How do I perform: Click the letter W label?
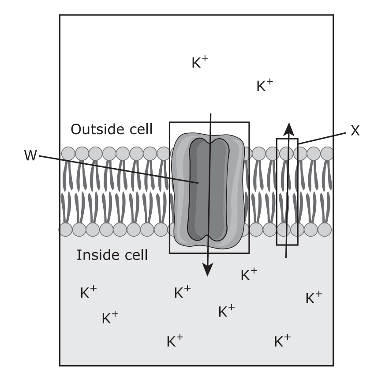pos(30,156)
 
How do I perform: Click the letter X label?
pos(355,131)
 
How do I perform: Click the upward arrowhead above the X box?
pos(288,129)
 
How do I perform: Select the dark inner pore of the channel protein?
pos(209,190)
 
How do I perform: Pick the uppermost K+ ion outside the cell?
pos(200,62)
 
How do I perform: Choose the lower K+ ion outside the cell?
pos(265,85)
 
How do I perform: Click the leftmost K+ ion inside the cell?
pos(88,293)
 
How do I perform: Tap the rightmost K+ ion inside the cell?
pos(314,298)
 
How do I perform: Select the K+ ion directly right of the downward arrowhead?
pos(249,275)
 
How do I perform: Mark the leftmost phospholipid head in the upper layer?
pos(68,154)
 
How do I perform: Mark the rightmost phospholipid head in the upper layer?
pos(326,153)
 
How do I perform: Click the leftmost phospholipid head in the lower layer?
pos(65,230)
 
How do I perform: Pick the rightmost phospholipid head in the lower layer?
pos(325,230)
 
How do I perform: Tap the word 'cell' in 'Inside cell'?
pos(136,255)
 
